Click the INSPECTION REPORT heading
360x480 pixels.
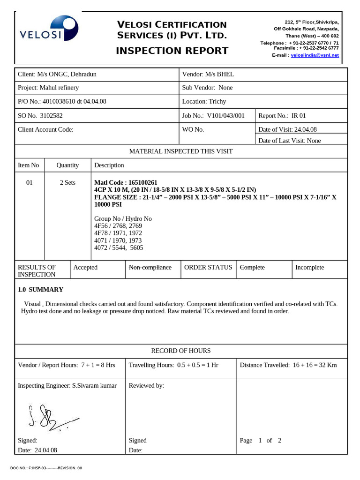(x=172, y=51)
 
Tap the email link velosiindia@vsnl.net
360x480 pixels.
(x=315, y=55)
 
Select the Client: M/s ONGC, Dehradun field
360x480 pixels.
(x=57, y=75)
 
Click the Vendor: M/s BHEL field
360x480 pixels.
(x=208, y=75)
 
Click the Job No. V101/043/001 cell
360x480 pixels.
(x=213, y=115)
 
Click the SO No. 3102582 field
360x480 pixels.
(x=40, y=115)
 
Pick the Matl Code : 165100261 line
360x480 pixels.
(x=126, y=182)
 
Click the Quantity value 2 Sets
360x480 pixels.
(x=67, y=183)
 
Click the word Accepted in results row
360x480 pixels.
(x=85, y=267)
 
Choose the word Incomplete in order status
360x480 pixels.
(x=309, y=267)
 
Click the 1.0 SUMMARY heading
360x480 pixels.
(x=40, y=290)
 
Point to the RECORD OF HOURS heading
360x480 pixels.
(x=180, y=351)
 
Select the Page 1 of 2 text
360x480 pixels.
(x=260, y=441)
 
